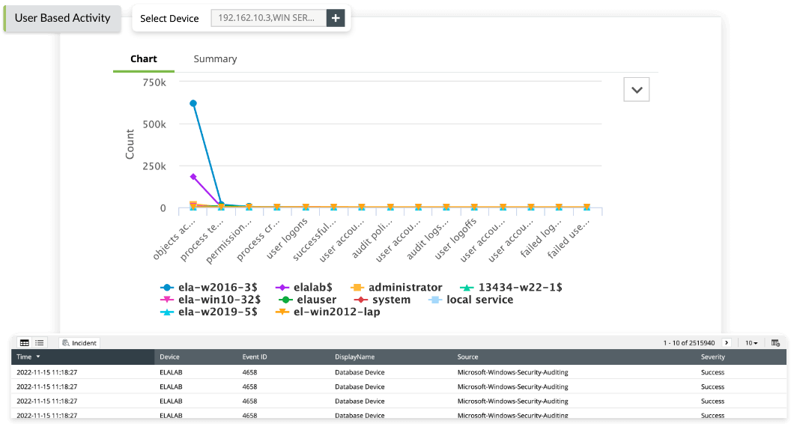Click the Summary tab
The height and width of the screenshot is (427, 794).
(215, 58)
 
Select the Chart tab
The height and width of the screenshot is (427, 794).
(144, 58)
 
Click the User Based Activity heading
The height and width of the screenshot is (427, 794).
(62, 18)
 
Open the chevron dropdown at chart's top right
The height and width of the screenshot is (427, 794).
(637, 89)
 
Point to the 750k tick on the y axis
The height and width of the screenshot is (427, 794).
(153, 82)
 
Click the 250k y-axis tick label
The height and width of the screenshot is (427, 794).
(153, 166)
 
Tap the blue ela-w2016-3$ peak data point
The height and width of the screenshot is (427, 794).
(193, 103)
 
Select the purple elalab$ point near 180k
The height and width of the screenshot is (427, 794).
(193, 177)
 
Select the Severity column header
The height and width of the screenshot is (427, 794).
(713, 357)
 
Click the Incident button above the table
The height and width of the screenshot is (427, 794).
(79, 342)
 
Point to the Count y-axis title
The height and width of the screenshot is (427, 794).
(130, 144)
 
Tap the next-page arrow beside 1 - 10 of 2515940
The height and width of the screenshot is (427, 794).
(727, 342)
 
